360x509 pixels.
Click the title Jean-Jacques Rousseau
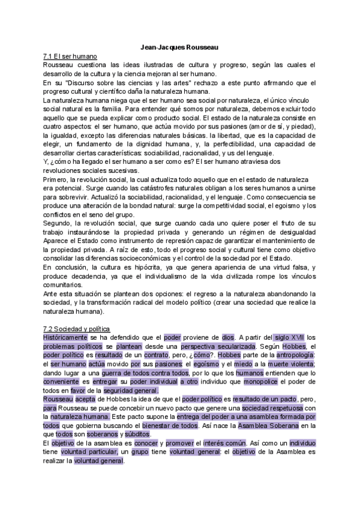point(179,46)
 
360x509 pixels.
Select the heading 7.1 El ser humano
point(67,55)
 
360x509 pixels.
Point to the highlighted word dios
point(228,337)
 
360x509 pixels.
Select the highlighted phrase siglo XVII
point(287,337)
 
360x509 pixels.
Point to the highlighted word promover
point(173,444)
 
